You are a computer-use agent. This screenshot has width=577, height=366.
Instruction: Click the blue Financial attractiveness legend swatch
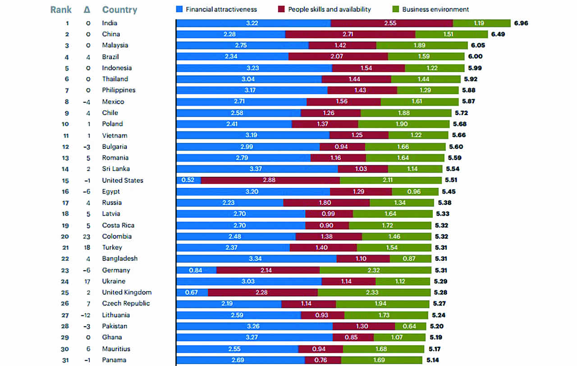(179, 9)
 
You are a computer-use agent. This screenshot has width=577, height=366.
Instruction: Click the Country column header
(119, 9)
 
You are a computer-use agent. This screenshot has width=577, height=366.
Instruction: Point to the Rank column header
(61, 9)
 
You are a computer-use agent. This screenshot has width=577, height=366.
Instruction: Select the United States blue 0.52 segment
(188, 180)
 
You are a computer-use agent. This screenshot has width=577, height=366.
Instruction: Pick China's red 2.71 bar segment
(350, 34)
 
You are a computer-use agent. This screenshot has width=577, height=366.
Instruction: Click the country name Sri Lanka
(116, 169)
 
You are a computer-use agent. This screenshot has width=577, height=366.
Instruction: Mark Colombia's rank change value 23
(88, 236)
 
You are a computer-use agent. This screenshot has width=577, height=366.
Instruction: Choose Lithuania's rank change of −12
(87, 315)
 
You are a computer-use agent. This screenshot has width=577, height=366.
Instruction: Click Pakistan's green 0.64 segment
(410, 326)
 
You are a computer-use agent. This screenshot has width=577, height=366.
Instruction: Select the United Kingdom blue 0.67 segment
(192, 292)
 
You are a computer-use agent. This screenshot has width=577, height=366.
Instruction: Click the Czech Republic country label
(126, 303)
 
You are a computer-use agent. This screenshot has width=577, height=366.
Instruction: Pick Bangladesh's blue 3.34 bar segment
(256, 259)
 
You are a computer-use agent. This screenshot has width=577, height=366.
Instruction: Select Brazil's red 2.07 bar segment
(338, 57)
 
